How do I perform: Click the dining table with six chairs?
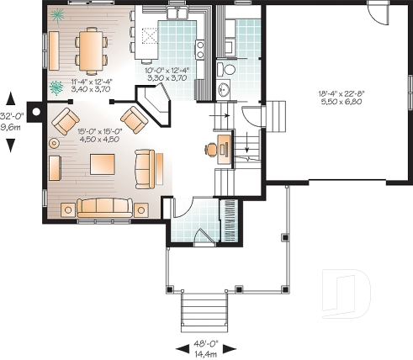coord(91,49)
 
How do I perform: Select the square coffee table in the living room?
coord(103,161)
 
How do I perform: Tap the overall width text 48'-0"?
coord(206,343)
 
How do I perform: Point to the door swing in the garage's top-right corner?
coord(378,15)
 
